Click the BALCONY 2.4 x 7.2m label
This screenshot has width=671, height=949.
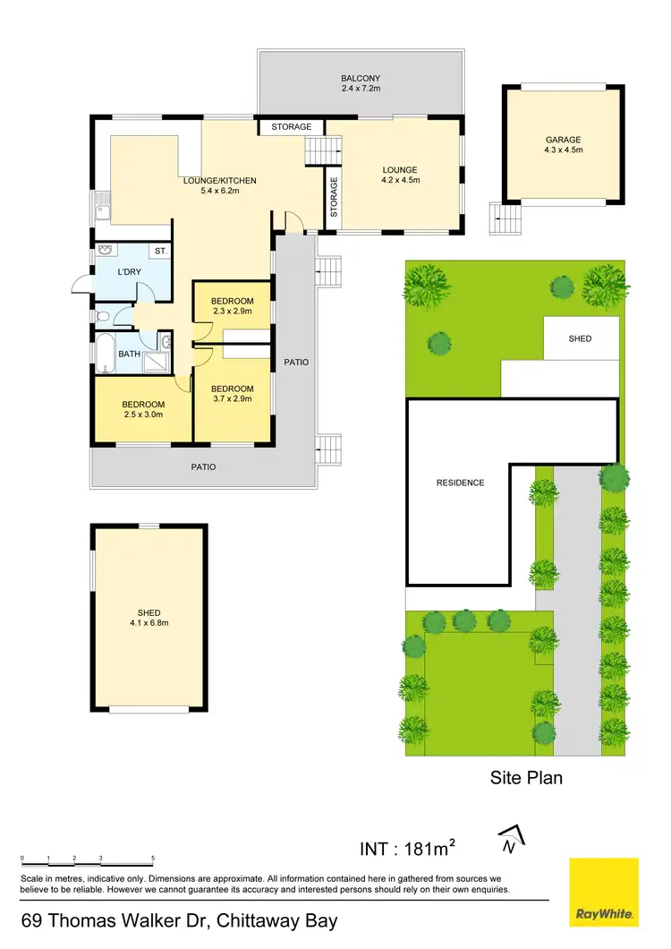point(361,84)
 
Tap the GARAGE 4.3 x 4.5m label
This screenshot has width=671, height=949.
point(564,145)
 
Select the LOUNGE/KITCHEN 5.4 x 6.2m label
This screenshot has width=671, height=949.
point(219,186)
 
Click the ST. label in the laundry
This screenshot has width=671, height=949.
point(160,252)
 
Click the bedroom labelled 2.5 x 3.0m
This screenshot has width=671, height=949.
point(143,408)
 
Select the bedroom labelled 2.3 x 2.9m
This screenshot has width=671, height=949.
point(232,306)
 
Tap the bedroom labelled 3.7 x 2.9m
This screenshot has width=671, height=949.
point(232,394)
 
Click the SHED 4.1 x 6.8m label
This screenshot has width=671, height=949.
point(149,618)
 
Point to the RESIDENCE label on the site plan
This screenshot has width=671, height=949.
point(460,483)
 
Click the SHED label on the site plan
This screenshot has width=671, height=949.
point(580,339)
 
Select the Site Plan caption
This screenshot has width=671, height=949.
point(526,777)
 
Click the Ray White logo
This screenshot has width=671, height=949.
point(604,891)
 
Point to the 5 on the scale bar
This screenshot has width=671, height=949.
point(153,858)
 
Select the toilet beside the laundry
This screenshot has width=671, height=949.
point(101,316)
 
